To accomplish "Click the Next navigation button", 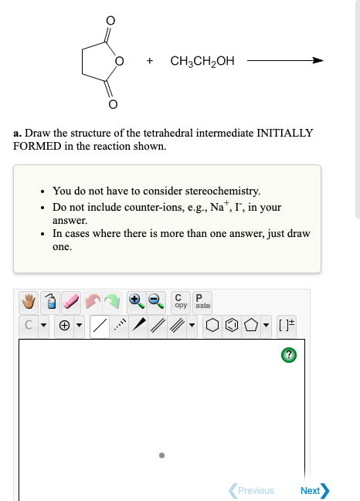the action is (x=315, y=490).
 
